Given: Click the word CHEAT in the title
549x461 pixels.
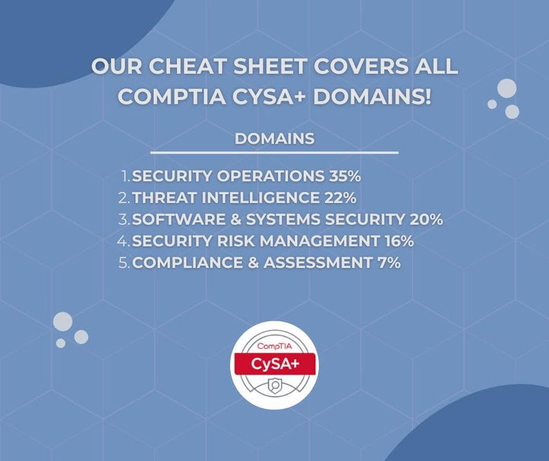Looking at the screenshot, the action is (187, 66).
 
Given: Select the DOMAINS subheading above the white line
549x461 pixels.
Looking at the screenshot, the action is (274, 138).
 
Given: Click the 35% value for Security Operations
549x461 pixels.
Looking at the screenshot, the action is (344, 176).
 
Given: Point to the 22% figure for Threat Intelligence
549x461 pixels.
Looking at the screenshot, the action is (340, 198).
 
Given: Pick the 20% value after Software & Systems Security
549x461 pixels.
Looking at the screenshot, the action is (426, 219).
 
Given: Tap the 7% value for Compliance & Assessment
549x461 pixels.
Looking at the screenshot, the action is (389, 262).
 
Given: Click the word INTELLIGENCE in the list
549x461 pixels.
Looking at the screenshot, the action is (261, 198).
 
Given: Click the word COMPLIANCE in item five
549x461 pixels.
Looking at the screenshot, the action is (187, 262).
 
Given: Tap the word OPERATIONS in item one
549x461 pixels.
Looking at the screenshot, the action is (270, 176).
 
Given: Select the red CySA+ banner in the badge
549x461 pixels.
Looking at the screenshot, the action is (275, 364).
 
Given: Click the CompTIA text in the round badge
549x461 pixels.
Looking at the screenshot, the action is (274, 346).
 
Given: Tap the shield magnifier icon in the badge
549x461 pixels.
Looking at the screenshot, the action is (275, 386).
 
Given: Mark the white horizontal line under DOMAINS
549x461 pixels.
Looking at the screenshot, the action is (274, 152).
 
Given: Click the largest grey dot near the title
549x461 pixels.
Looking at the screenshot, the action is (507, 89).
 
